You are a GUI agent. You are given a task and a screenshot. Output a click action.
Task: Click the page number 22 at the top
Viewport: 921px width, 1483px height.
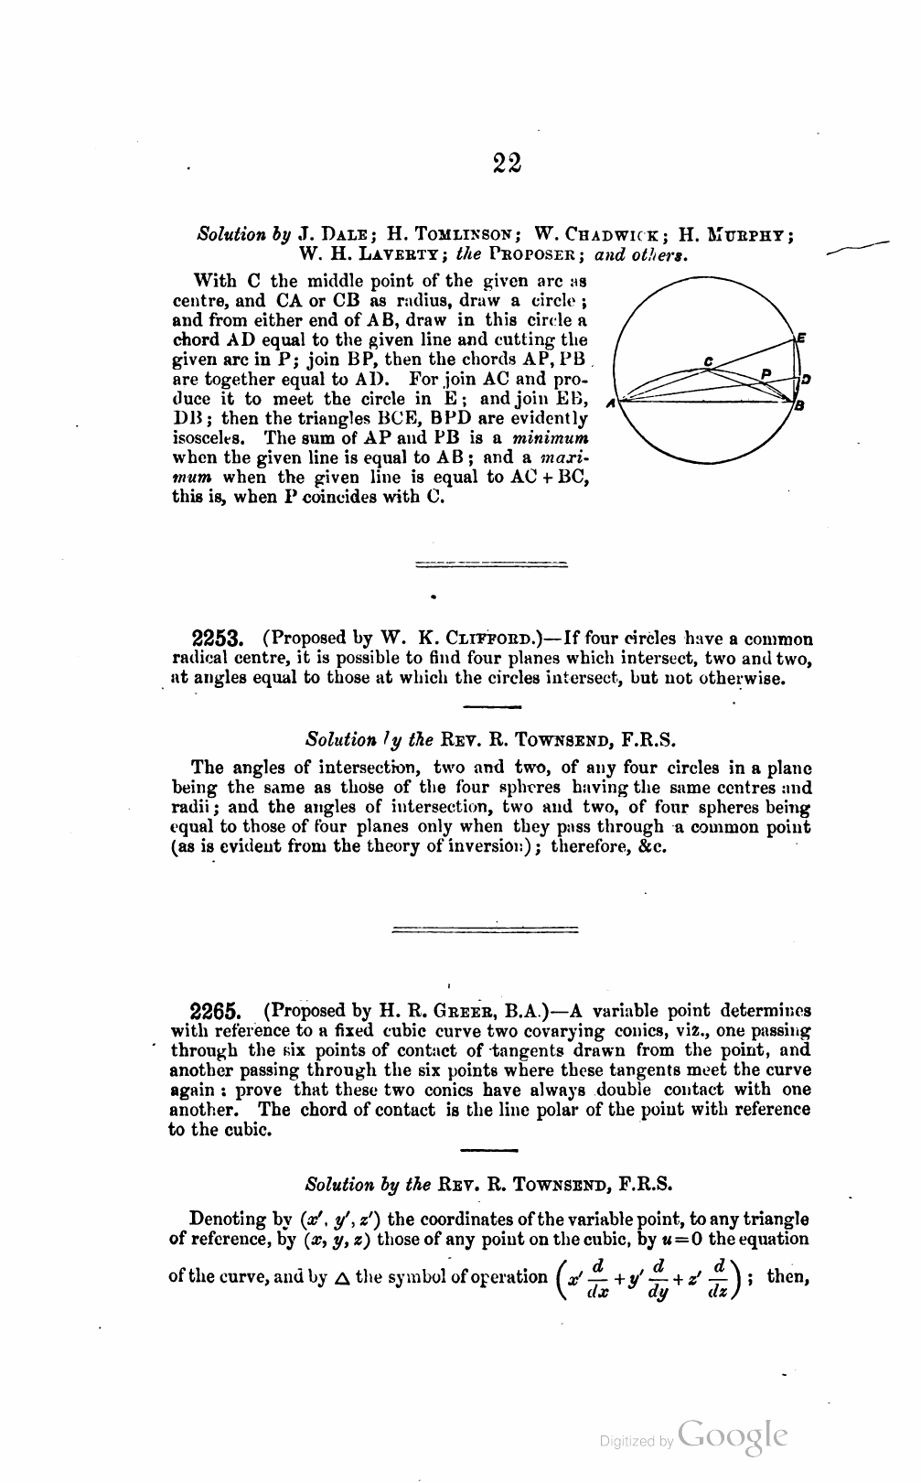point(507,162)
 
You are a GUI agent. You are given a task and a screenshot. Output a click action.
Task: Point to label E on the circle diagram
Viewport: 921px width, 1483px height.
point(801,337)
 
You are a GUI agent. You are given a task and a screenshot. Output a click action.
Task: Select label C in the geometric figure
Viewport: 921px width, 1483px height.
point(709,360)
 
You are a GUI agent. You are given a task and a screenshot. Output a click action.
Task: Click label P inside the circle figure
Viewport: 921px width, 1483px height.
point(767,372)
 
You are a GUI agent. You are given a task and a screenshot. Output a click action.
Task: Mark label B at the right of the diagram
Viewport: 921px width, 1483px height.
point(799,406)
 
